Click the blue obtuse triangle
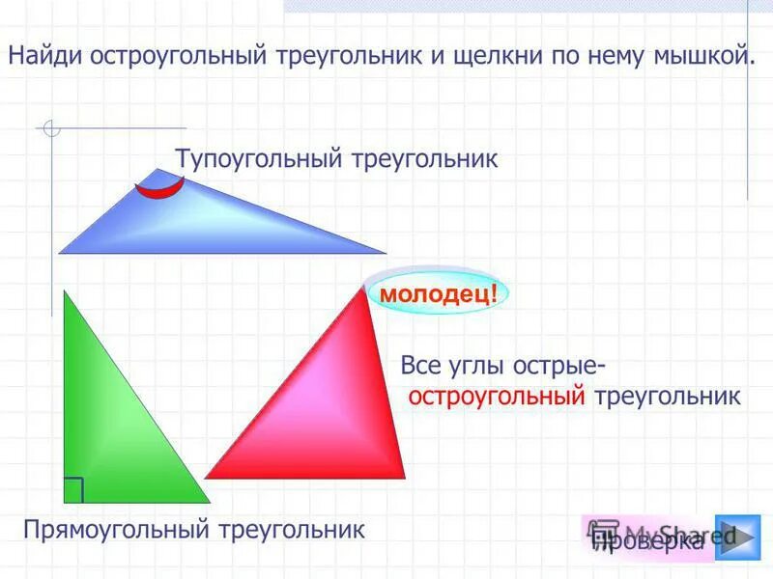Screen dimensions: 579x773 click(193, 222)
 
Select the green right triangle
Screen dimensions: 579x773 click(106, 425)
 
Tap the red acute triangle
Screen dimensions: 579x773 click(329, 405)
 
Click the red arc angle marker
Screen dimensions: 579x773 click(160, 187)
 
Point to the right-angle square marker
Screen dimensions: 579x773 click(73, 490)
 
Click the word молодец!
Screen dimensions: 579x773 click(438, 291)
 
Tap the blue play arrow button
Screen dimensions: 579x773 click(737, 537)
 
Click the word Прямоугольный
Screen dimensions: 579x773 click(116, 529)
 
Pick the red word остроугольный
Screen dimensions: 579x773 click(498, 396)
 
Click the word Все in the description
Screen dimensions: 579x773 click(420, 368)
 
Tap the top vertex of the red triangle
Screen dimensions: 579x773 click(363, 286)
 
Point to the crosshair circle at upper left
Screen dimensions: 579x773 click(51, 128)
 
